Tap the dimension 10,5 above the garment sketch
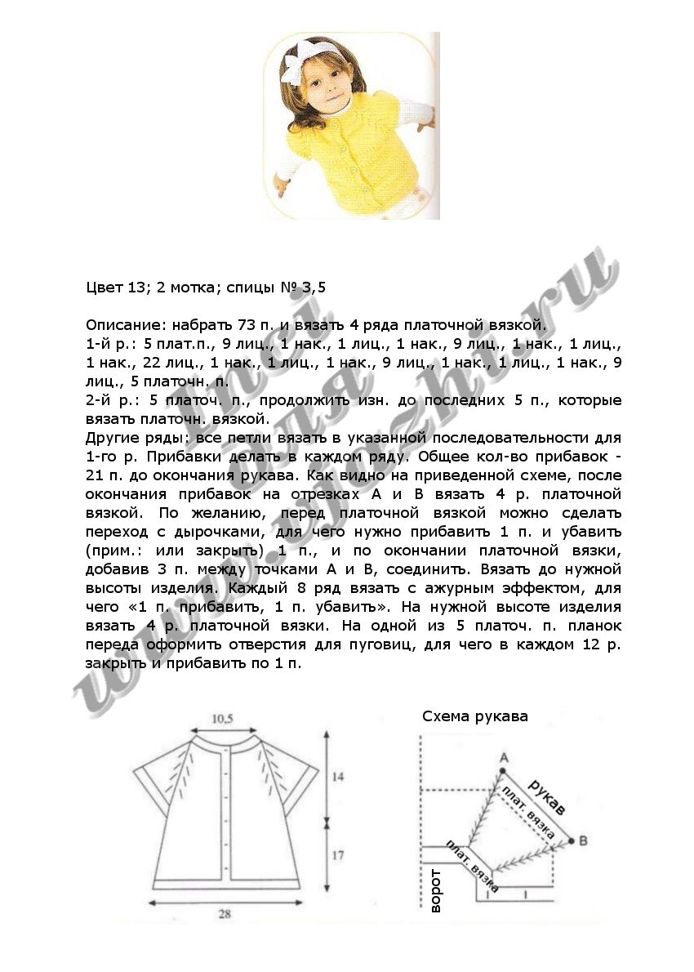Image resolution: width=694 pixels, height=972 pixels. click(x=224, y=719)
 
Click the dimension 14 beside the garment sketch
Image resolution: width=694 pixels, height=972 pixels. click(x=338, y=778)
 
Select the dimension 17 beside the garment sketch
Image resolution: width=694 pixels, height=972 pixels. click(x=338, y=856)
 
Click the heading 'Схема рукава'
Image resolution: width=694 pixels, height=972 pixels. click(x=474, y=717)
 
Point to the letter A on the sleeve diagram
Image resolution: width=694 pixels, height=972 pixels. click(x=503, y=757)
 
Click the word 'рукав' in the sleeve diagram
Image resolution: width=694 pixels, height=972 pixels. click(x=545, y=797)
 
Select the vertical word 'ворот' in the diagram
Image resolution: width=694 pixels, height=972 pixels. click(x=435, y=890)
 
